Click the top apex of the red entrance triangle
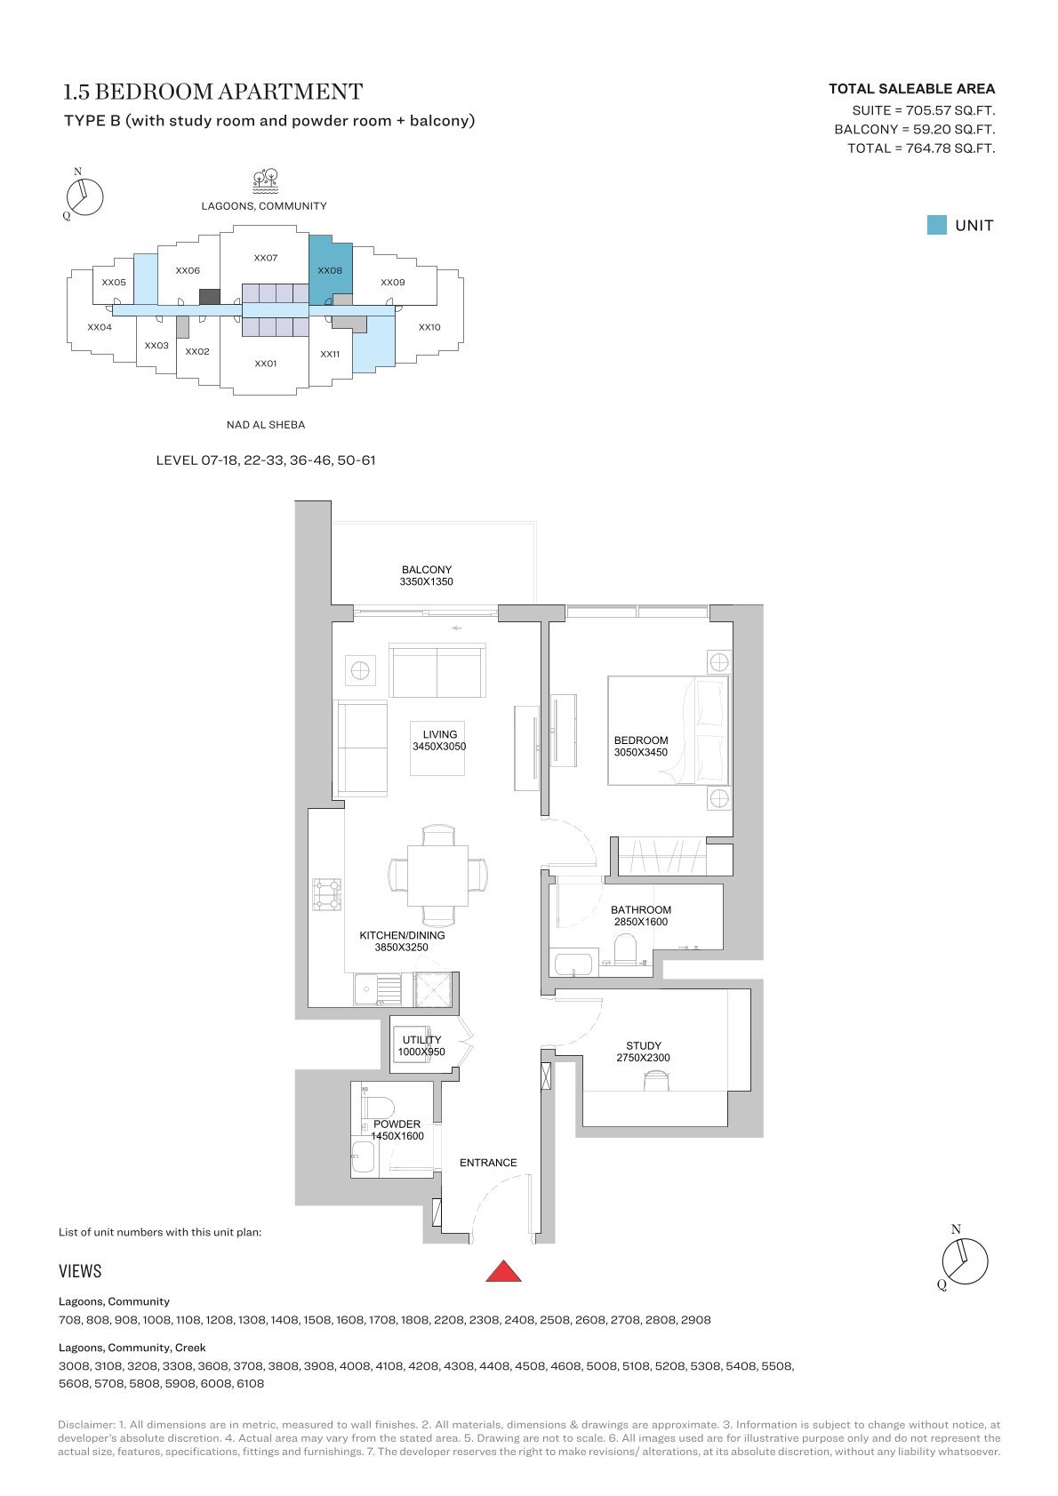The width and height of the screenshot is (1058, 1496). coord(503,1261)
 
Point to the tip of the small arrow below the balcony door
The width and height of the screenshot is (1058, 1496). coord(453,628)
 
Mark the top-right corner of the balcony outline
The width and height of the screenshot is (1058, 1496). coord(536,522)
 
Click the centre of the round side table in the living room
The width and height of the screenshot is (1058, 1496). coord(360,670)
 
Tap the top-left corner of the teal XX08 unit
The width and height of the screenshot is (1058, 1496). coord(309,235)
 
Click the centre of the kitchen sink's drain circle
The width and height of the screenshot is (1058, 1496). coord(366,990)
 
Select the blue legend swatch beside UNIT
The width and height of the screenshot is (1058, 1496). coord(936,225)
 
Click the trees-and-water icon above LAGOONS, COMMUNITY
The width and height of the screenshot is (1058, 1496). coord(265,180)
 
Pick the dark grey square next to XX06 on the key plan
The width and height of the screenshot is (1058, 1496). coord(210,297)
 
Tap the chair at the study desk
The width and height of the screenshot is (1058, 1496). coord(656,1080)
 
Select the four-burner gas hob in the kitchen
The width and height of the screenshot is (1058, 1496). coord(326,894)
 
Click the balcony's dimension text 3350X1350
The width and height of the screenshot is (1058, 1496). coord(426,581)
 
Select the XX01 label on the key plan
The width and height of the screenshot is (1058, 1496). coord(265,364)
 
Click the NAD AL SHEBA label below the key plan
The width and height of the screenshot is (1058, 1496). coord(266,425)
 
